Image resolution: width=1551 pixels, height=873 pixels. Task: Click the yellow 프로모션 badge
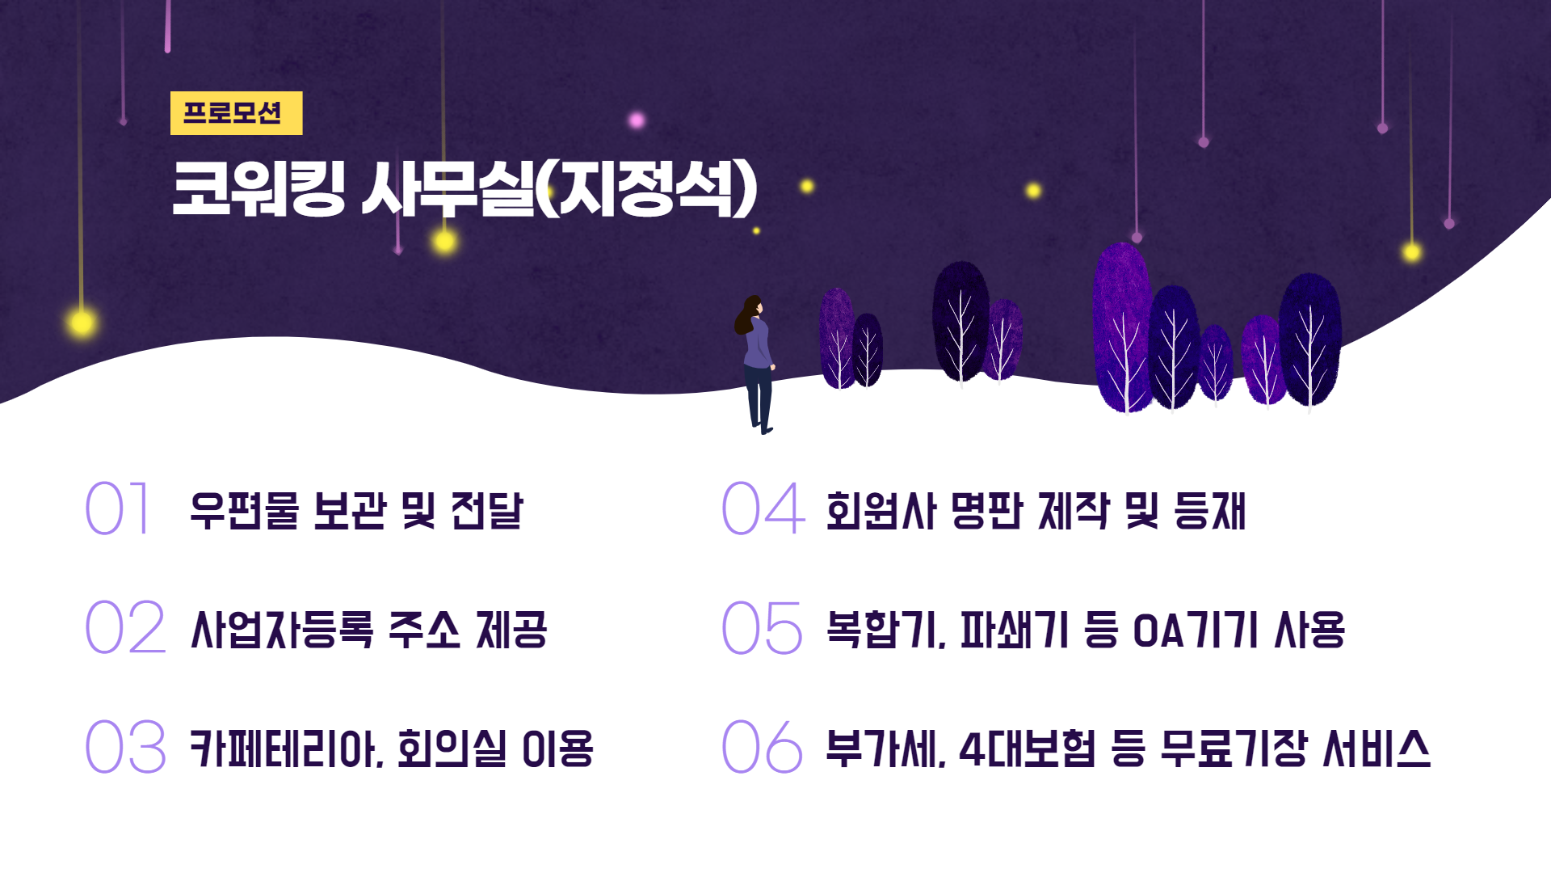(x=236, y=112)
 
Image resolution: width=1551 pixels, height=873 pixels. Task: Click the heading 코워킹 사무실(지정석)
(x=464, y=188)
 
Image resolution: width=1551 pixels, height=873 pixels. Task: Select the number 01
(x=118, y=508)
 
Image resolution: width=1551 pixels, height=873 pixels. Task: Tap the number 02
(x=125, y=627)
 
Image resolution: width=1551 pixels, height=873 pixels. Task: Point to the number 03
(x=125, y=746)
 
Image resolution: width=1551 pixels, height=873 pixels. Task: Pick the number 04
(x=763, y=508)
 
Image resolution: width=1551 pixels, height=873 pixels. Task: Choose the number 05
(x=763, y=627)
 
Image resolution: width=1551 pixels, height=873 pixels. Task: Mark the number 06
(x=763, y=746)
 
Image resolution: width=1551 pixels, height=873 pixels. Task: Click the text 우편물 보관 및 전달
(x=356, y=511)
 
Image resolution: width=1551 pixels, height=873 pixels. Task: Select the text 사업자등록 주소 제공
(x=369, y=630)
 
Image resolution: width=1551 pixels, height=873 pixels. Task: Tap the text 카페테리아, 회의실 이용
(x=392, y=749)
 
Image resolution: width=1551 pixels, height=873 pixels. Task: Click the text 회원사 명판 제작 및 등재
(x=1036, y=511)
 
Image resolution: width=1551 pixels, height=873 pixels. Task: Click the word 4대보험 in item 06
(x=1027, y=749)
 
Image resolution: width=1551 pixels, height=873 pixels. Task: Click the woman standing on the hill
(x=756, y=365)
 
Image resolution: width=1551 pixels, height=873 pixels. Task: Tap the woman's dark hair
(x=747, y=315)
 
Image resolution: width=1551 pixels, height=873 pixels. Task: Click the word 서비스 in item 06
(x=1377, y=749)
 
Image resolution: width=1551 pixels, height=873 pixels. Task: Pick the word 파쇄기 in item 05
(x=1015, y=630)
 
